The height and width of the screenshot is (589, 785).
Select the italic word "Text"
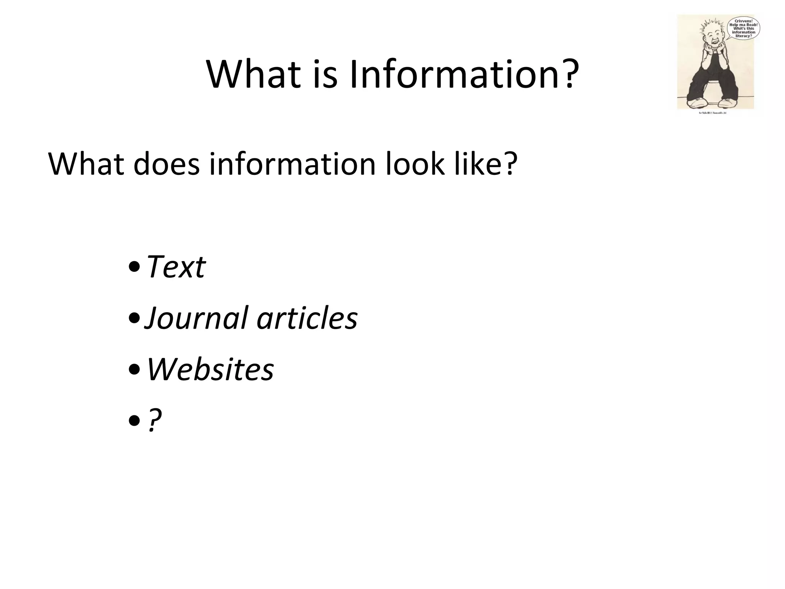pyautogui.click(x=177, y=267)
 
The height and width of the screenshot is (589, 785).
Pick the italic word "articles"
pyautogui.click(x=307, y=318)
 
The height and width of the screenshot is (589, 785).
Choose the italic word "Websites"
pyautogui.click(x=210, y=370)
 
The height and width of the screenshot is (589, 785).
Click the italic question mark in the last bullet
pyautogui.click(x=154, y=420)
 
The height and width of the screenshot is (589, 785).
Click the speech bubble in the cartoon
pyautogui.click(x=743, y=28)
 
